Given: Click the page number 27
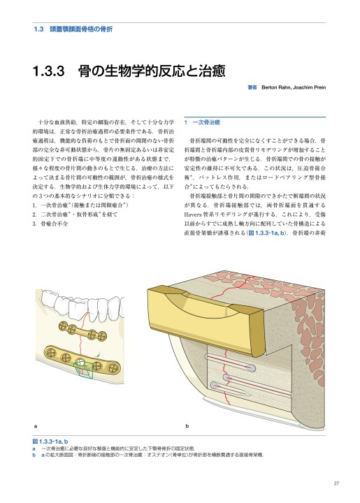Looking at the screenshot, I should [x=336, y=483].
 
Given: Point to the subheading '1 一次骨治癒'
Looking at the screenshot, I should [x=202, y=122].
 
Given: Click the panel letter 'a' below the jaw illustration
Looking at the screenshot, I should [x=35, y=425].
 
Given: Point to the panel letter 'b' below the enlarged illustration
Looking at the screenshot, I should [x=187, y=425].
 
